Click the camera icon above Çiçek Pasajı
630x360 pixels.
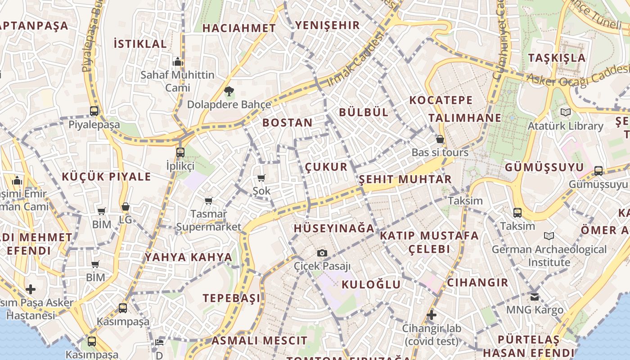click(322, 253)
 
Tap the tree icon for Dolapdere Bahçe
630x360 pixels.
click(229, 92)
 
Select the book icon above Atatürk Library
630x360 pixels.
click(565, 112)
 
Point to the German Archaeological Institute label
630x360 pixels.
click(549, 256)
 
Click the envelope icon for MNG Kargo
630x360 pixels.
click(535, 297)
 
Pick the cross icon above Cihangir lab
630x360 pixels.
click(432, 315)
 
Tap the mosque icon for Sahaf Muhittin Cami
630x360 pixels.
click(177, 62)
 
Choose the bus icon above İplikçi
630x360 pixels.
click(180, 152)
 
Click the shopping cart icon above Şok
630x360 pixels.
click(261, 178)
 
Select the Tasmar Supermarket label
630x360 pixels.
click(208, 220)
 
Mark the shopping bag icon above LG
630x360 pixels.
click(126, 207)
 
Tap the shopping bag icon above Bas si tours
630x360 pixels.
click(440, 139)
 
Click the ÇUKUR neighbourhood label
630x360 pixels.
click(326, 167)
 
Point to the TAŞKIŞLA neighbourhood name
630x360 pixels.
click(557, 58)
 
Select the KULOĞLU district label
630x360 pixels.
click(371, 284)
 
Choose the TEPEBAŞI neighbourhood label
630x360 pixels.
click(231, 298)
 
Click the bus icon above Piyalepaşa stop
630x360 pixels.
click(94, 111)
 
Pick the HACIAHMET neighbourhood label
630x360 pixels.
click(239, 28)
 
